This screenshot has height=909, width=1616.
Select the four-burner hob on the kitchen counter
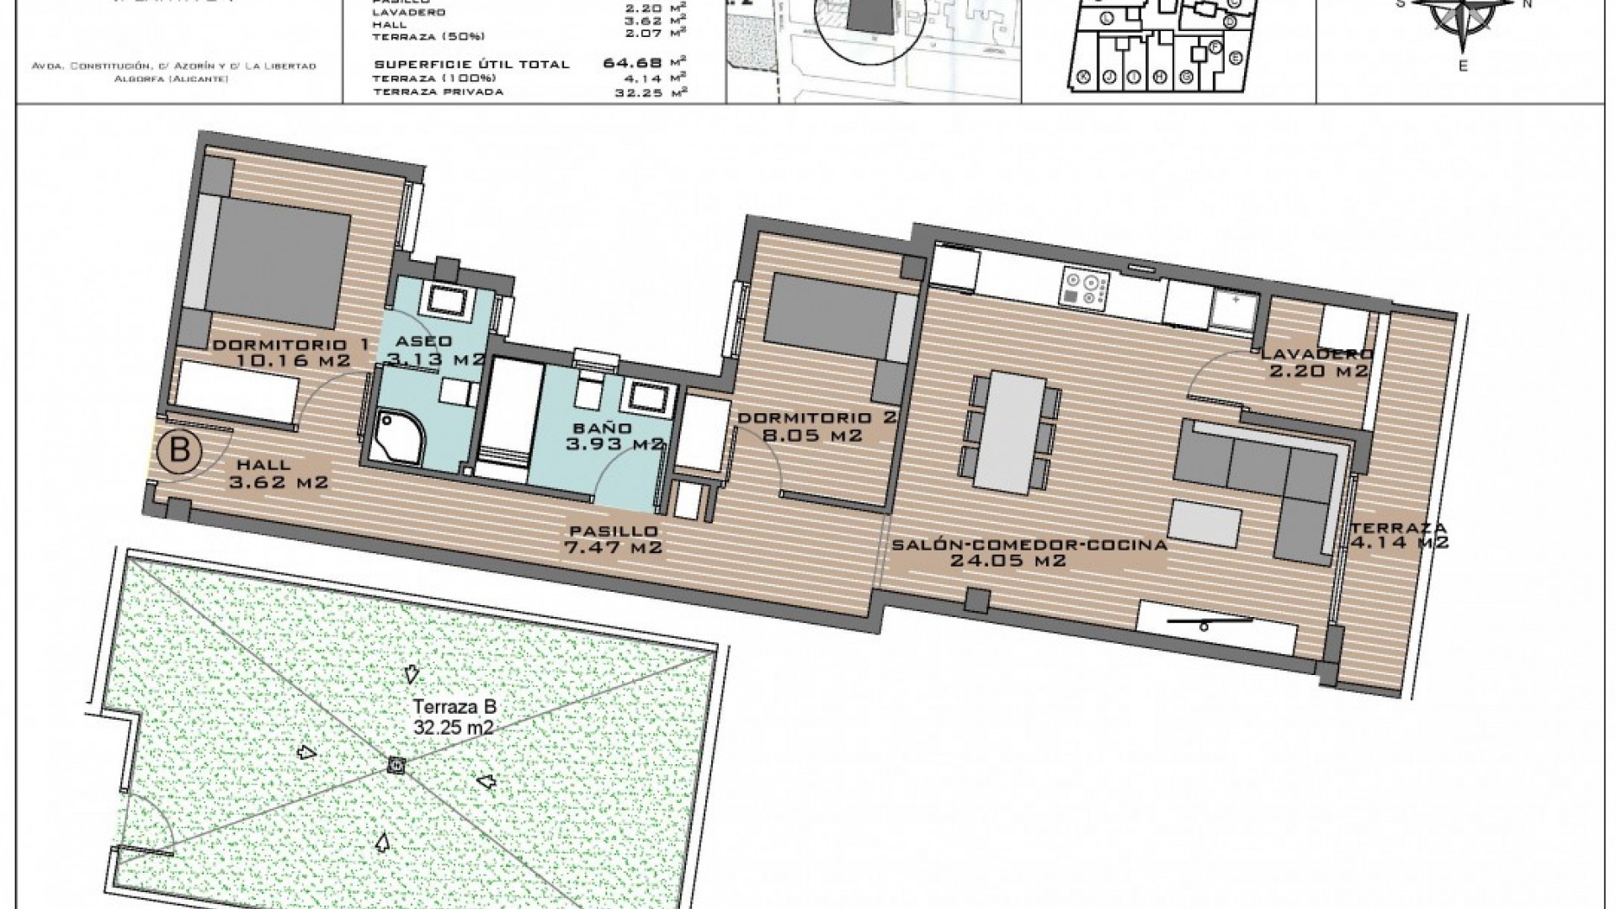(x=1082, y=287)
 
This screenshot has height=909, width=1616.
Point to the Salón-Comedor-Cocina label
(x=1029, y=552)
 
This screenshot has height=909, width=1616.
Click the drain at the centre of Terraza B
(x=396, y=765)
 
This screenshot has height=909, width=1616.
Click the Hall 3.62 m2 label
(x=278, y=474)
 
